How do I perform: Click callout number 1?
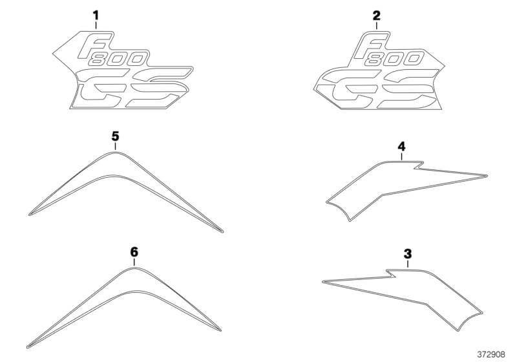coord(96,16)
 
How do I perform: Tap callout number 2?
coord(376,16)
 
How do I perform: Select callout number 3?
coord(408,254)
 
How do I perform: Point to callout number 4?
coord(401,146)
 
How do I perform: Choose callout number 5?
coord(115,136)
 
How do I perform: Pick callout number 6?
coord(134,252)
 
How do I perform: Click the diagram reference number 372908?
coord(491,354)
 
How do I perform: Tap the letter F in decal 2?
coord(371,45)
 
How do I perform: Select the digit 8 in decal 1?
coord(99,59)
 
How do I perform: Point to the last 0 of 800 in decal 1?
coord(136,59)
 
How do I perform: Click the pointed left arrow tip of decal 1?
coord(53,53)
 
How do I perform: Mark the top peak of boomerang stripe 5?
coord(115,151)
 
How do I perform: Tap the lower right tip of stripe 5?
coord(222,231)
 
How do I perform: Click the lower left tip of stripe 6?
coord(28,346)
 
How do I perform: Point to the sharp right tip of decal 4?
coord(487,175)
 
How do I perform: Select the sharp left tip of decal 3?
coord(323,282)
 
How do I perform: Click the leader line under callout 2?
coord(376,26)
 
